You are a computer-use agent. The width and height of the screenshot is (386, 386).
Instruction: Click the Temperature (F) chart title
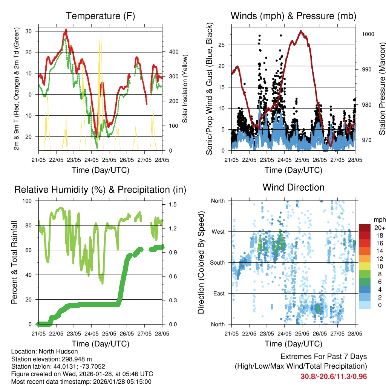tap(100, 16)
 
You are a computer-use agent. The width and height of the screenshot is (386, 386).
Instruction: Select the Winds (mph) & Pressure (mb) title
tap(293, 16)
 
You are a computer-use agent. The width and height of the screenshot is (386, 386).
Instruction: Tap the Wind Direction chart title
tap(293, 187)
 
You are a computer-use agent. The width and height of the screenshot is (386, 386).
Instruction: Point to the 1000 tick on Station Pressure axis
tap(368, 34)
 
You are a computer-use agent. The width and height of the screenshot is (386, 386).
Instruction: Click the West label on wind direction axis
tap(218, 231)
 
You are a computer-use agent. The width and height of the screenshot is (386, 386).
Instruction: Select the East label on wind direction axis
tap(218, 293)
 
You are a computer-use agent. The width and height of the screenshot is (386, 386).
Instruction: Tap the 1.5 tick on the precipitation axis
tap(173, 204)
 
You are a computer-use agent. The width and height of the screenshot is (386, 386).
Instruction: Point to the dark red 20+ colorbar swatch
tap(365, 228)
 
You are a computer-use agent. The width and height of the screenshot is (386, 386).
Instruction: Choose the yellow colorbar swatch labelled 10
tap(365, 266)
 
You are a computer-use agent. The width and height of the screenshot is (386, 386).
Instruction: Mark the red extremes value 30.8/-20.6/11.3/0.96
tap(334, 376)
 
